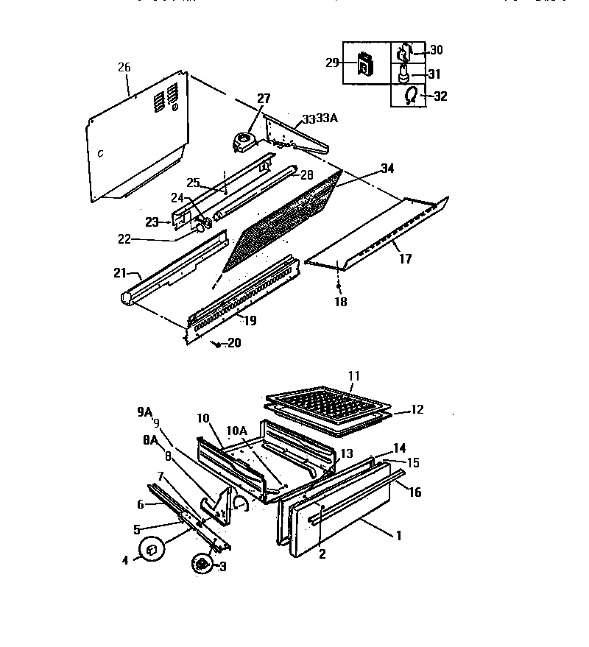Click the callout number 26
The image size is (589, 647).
point(124,67)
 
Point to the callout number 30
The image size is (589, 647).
point(437,50)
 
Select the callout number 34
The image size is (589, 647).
point(387,169)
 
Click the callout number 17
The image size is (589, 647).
point(405,259)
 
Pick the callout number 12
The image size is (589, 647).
point(417,409)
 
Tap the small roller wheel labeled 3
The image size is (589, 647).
point(199,564)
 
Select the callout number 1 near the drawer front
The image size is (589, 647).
point(398,537)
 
